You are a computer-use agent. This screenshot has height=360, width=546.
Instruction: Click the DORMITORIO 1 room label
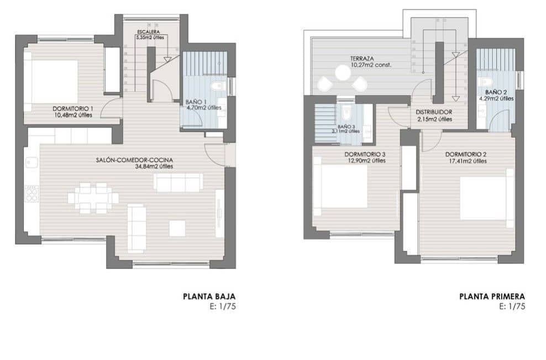pyautogui.click(x=73, y=108)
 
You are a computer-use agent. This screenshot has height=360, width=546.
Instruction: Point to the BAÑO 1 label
pyautogui.click(x=197, y=102)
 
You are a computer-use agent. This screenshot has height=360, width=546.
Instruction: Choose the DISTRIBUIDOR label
pyautogui.click(x=434, y=112)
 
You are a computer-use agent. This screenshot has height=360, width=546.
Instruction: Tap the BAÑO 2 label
pyautogui.click(x=496, y=92)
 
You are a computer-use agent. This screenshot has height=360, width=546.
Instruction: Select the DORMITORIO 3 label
pyautogui.click(x=364, y=154)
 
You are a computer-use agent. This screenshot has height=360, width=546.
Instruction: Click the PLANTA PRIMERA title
pyautogui.click(x=492, y=297)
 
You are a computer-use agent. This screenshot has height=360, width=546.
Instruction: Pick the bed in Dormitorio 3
pyautogui.click(x=341, y=187)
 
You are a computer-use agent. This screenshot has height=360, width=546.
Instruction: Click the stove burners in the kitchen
pyautogui.click(x=32, y=192)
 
